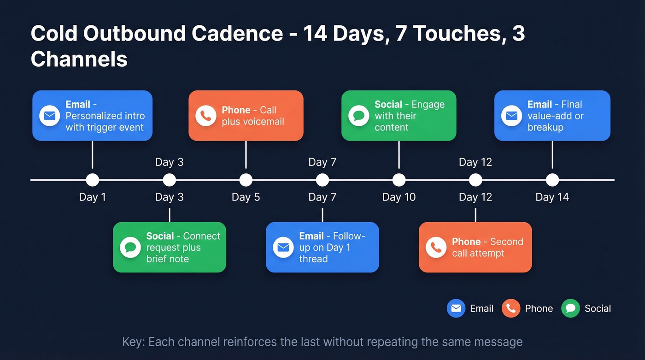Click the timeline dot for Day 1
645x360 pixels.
pyautogui.click(x=92, y=180)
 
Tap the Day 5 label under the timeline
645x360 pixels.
pyautogui.click(x=246, y=197)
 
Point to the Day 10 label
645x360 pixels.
pyautogui.click(x=399, y=197)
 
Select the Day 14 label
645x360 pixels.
pyautogui.click(x=552, y=197)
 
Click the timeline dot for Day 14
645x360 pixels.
pyautogui.click(x=552, y=180)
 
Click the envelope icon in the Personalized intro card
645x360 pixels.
pyautogui.click(x=50, y=116)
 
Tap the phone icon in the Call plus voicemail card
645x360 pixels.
pyautogui.click(x=205, y=116)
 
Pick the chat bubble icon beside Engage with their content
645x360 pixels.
pyautogui.click(x=358, y=116)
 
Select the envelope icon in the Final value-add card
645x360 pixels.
pyautogui.click(x=511, y=116)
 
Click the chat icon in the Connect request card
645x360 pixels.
pyautogui.click(x=130, y=248)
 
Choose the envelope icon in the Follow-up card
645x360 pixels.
pyautogui.click(x=283, y=248)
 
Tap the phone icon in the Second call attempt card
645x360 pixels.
pyautogui.click(x=436, y=248)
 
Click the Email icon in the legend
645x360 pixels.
pyautogui.click(x=456, y=308)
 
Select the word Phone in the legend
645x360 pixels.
pyautogui.click(x=539, y=309)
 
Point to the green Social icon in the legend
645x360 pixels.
pyautogui.click(x=570, y=308)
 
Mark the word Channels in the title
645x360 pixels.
pyautogui.click(x=79, y=59)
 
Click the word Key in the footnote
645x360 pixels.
pyautogui.click(x=132, y=342)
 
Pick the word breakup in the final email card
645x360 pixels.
pyautogui.click(x=545, y=128)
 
